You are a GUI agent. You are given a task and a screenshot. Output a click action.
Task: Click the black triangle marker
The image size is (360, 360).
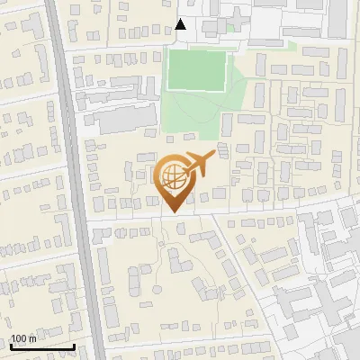click(181, 24)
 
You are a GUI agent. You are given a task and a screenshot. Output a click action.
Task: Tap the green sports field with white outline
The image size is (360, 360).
click(195, 70)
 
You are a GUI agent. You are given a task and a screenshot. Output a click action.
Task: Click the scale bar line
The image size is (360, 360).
click(41, 346)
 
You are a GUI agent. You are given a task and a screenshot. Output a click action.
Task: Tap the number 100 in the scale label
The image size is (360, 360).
click(18, 338)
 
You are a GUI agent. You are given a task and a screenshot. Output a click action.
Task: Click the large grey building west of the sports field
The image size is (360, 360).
click(121, 120)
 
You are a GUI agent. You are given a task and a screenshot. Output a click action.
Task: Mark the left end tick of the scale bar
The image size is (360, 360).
click(10, 345)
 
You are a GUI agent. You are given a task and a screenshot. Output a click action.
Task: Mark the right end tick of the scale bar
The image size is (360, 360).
click(74, 345)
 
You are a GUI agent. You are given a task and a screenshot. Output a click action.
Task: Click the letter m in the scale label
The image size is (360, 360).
click(31, 338)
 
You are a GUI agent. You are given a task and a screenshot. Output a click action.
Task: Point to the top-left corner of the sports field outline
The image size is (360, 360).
click(167, 51)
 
